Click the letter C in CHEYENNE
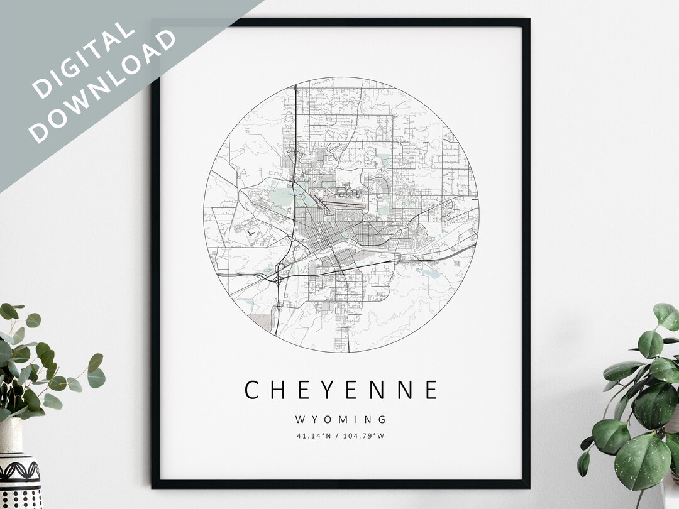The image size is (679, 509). click(252, 390)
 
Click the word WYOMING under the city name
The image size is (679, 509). click(340, 419)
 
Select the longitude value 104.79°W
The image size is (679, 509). click(363, 435)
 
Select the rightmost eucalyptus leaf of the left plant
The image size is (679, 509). click(96, 377)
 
